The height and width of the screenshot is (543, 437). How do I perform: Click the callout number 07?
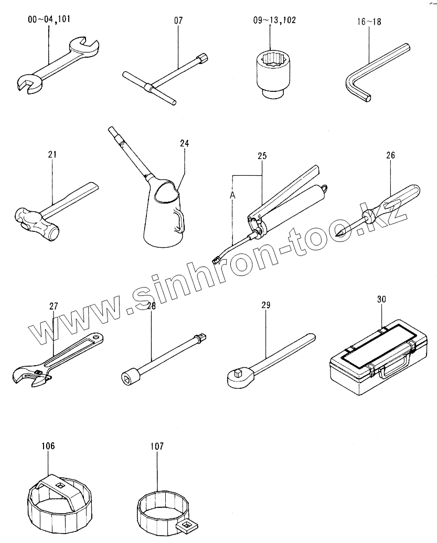pos(178,21)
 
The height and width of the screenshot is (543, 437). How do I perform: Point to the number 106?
pos(48,446)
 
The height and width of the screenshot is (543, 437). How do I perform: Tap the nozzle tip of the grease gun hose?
pos(215,259)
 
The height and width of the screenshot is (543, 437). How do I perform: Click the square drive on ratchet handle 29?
pos(237,374)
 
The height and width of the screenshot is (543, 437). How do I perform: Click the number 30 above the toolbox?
pos(381,300)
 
